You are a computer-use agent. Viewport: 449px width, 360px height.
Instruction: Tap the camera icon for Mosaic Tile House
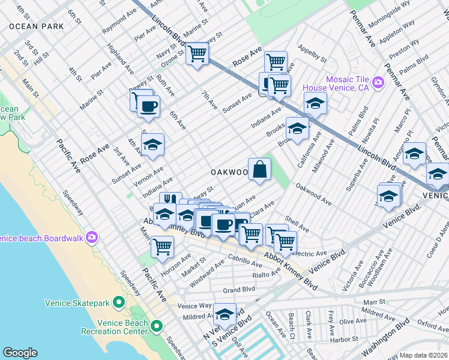point(378,82)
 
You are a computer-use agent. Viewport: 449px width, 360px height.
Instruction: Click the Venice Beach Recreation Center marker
point(157,326)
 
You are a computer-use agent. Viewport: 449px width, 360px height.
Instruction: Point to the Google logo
point(20,352)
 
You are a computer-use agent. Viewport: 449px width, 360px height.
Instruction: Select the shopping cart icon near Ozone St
point(197,53)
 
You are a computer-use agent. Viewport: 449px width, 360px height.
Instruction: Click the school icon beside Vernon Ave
point(153,145)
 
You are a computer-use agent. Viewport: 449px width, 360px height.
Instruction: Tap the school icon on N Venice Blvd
point(224,314)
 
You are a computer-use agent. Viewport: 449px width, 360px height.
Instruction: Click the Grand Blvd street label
point(239,289)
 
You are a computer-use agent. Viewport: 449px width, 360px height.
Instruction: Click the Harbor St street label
point(345,338)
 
